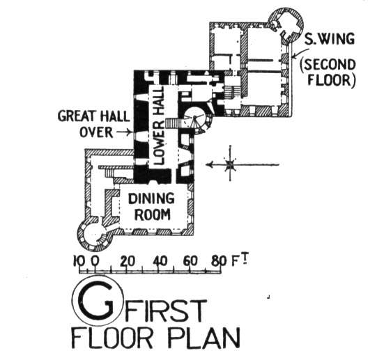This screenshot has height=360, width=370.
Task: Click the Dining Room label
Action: click(151, 207)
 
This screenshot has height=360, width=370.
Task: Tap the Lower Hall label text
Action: click(158, 125)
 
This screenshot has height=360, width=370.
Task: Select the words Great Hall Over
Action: click(93, 124)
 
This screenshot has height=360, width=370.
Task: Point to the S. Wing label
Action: click(330, 39)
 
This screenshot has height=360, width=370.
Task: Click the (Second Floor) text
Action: click(327, 72)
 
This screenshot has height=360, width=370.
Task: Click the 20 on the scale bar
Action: click(128, 261)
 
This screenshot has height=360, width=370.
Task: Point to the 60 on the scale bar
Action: click(190, 261)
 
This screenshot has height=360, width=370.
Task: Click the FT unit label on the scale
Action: click(240, 260)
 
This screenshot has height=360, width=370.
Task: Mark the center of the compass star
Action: click(230, 164)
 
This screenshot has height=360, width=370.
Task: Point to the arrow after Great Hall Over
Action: click(123, 132)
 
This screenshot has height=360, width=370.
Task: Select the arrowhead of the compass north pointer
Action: click(209, 164)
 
